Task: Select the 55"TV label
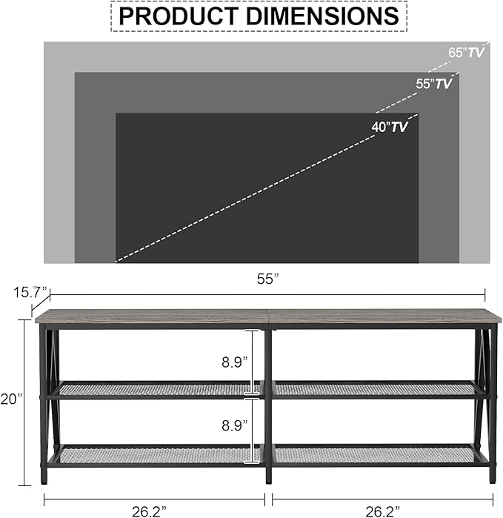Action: (x=433, y=84)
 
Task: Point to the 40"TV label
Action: (x=390, y=127)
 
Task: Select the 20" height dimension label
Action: (x=13, y=398)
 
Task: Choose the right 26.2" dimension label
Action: (x=381, y=510)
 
